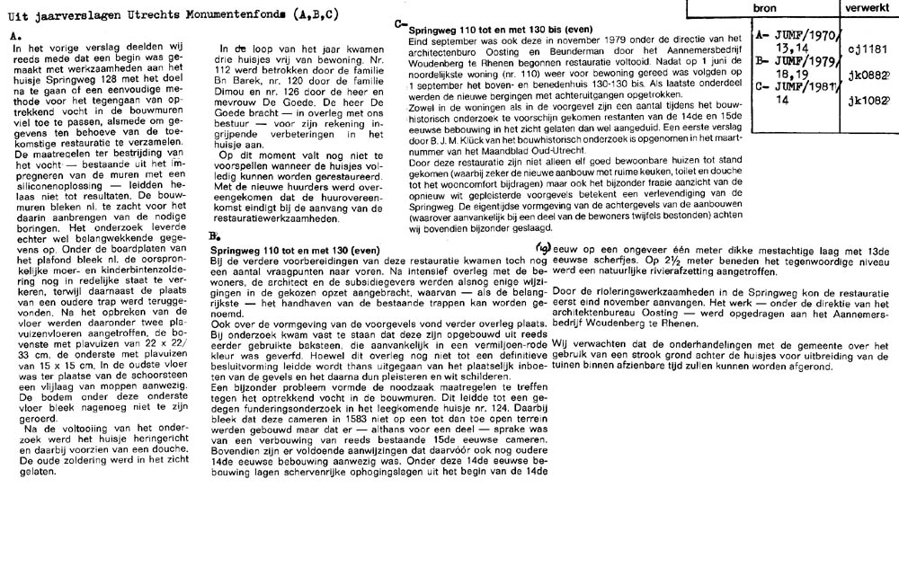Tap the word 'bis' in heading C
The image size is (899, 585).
pyautogui.click(x=550, y=29)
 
